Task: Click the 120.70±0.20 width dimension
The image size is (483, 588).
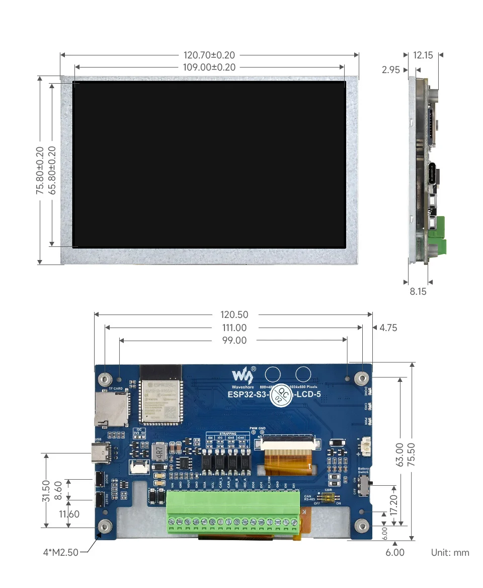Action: [x=209, y=55]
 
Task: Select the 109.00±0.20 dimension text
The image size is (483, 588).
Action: [x=209, y=67]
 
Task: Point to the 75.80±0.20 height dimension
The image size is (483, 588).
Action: [x=39, y=170]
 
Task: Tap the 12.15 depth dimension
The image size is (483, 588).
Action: [x=423, y=55]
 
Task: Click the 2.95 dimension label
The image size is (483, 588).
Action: [x=391, y=70]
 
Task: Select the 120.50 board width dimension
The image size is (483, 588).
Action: [x=234, y=314]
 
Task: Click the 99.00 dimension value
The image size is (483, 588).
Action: [x=234, y=341]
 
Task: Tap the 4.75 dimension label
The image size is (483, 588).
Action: [x=388, y=328]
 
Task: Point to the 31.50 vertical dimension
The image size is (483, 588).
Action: [x=46, y=491]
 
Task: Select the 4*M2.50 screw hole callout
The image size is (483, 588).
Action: [x=60, y=552]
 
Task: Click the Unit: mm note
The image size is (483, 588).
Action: [x=450, y=553]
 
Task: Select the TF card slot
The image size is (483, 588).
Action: [x=111, y=408]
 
